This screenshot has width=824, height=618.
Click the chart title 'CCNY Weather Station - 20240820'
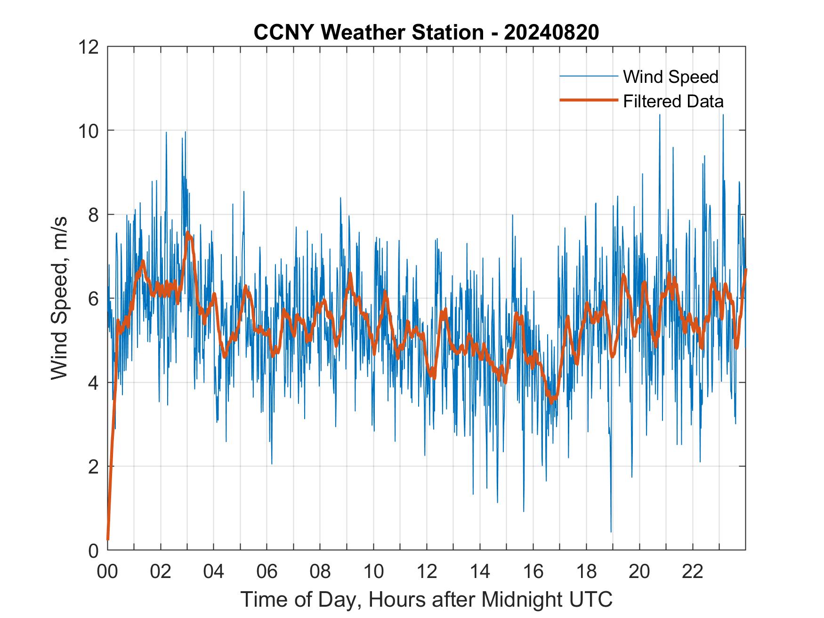(426, 32)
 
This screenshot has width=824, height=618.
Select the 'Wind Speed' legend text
(671, 77)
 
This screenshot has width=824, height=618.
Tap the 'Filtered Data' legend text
(673, 101)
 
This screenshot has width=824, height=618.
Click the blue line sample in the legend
(588, 76)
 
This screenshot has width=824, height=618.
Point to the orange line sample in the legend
(588, 100)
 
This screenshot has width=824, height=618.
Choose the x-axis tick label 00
(107, 571)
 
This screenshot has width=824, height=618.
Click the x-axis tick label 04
(214, 571)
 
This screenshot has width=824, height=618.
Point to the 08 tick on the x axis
(320, 571)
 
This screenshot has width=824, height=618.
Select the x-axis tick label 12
(427, 571)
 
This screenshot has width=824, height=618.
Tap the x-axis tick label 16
(533, 571)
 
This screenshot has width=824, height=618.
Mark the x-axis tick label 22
(693, 571)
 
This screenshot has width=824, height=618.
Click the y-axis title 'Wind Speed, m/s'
(59, 298)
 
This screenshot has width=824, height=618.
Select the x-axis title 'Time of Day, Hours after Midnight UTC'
(427, 600)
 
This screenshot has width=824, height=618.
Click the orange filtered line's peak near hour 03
(188, 233)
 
